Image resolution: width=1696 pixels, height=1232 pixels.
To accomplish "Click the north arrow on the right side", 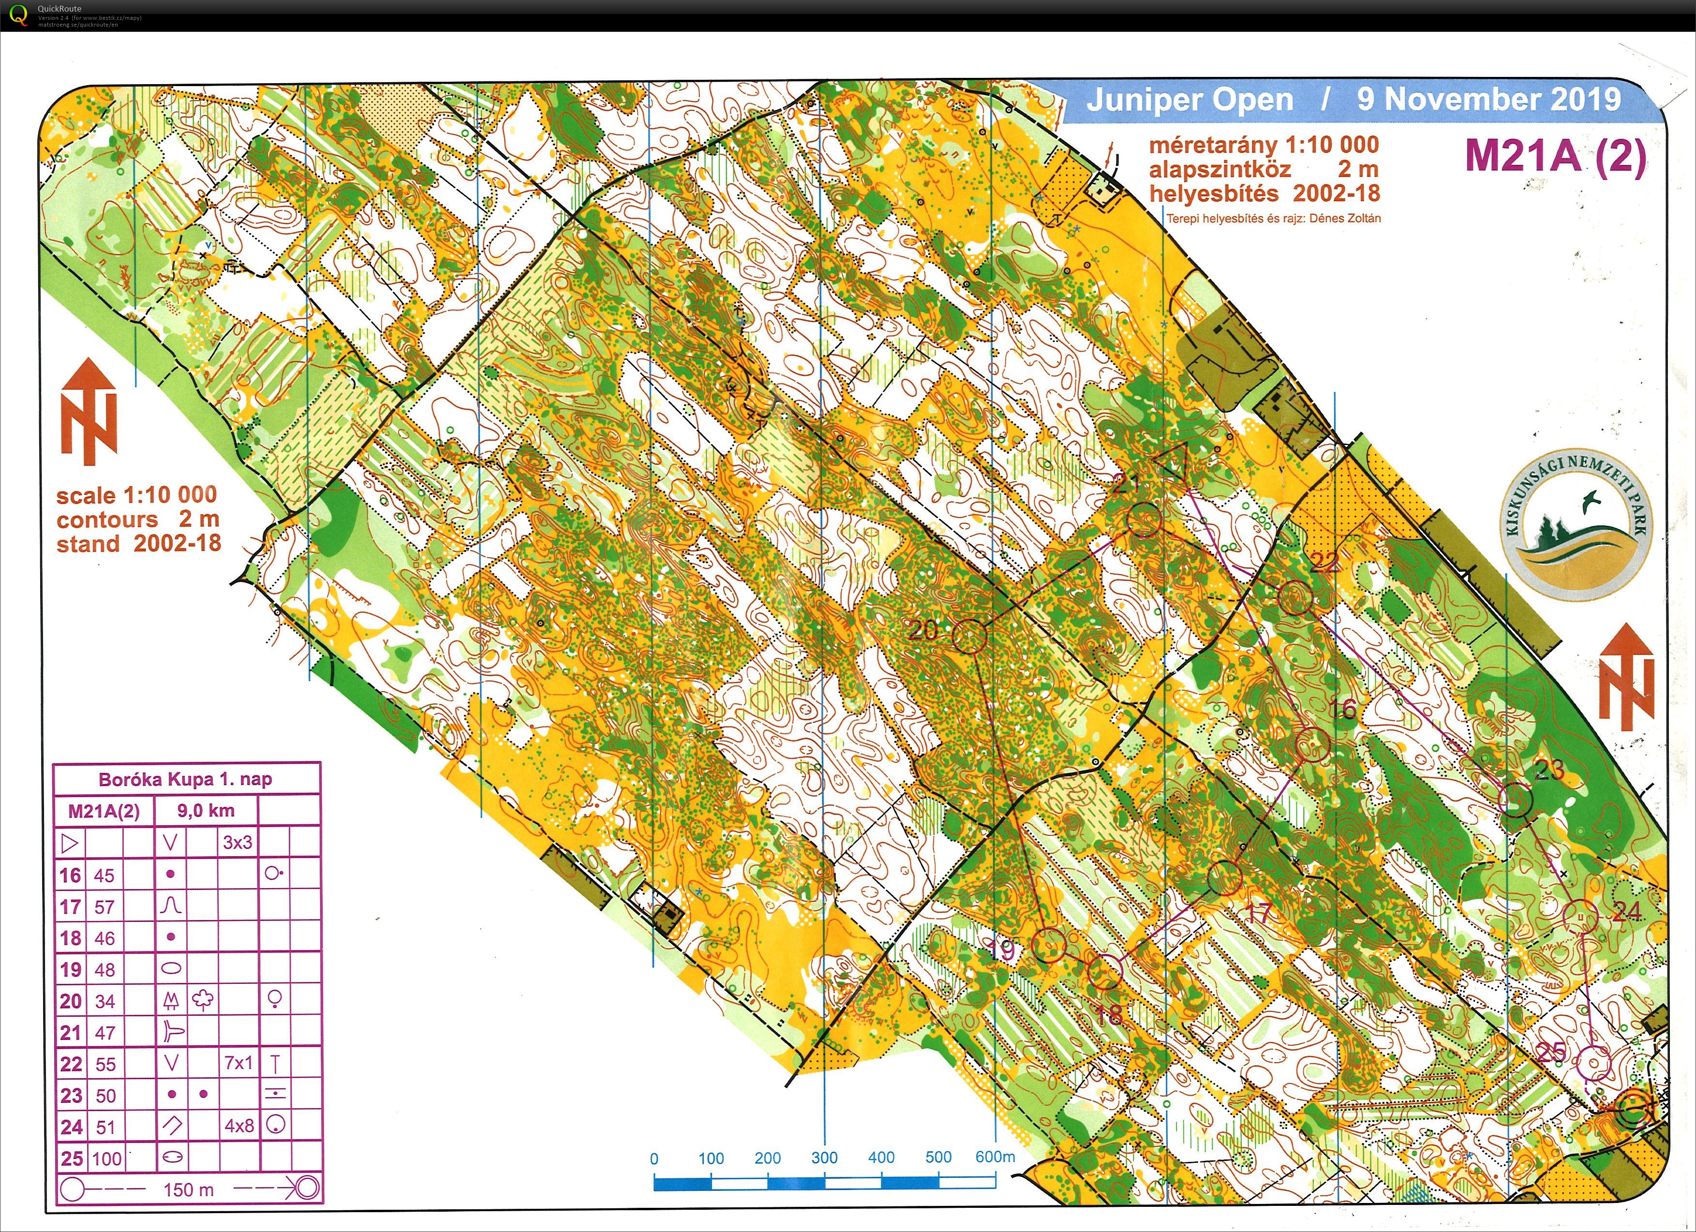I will (1626, 677).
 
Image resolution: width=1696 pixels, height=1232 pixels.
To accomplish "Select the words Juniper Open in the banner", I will (1189, 100).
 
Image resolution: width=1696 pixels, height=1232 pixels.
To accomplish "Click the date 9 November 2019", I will (1488, 100).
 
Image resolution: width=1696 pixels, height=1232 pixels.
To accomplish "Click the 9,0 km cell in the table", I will (206, 810).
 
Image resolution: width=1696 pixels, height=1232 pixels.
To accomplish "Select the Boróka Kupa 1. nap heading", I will (185, 779).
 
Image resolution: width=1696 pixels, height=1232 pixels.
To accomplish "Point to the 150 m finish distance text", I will (189, 1189).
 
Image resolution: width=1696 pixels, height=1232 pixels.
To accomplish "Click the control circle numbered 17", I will (1224, 877).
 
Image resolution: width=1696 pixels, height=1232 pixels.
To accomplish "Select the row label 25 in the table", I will (71, 1158).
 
